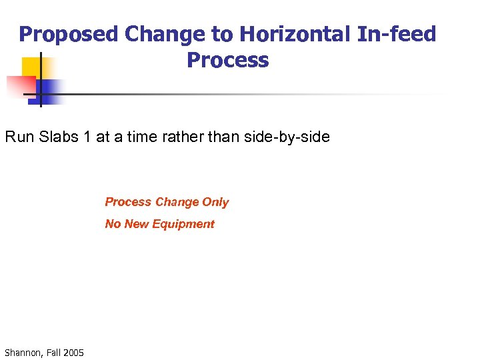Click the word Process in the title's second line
point(228,60)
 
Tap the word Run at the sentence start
point(18,137)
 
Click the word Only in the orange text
point(215,202)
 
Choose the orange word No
point(113,225)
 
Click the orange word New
point(137,225)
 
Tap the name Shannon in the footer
point(22,352)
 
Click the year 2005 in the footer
point(73,352)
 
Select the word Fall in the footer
point(53,352)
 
